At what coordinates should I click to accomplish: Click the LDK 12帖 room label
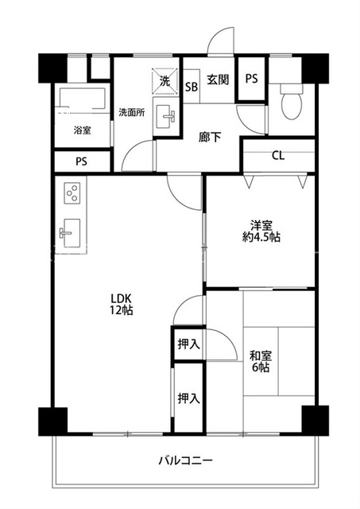pos(121,304)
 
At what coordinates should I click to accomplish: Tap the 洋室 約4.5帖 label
pos(261,231)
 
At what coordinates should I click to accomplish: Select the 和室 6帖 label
pos(261,361)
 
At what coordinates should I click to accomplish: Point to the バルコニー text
pos(186,460)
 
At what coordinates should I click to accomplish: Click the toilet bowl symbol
pos(292,103)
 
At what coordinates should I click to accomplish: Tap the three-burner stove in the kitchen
pos(72,193)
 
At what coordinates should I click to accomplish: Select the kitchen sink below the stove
pos(71,233)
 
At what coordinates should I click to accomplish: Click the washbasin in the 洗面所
pos(165,116)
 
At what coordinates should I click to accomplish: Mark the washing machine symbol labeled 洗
pos(165,81)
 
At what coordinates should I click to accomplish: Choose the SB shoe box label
pos(192,87)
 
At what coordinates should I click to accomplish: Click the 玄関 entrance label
pos(218,80)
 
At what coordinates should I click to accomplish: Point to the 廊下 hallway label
pos(210,138)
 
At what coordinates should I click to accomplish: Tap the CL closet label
pos(278,156)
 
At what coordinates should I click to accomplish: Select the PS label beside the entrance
pos(251,78)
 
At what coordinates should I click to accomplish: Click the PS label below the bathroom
pos(81,161)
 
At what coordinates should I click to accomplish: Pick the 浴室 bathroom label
pos(83,130)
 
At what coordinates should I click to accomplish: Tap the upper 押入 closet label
pos(188,344)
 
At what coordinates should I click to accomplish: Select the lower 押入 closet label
pos(188,398)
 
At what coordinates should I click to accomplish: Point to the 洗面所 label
pos(131,113)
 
